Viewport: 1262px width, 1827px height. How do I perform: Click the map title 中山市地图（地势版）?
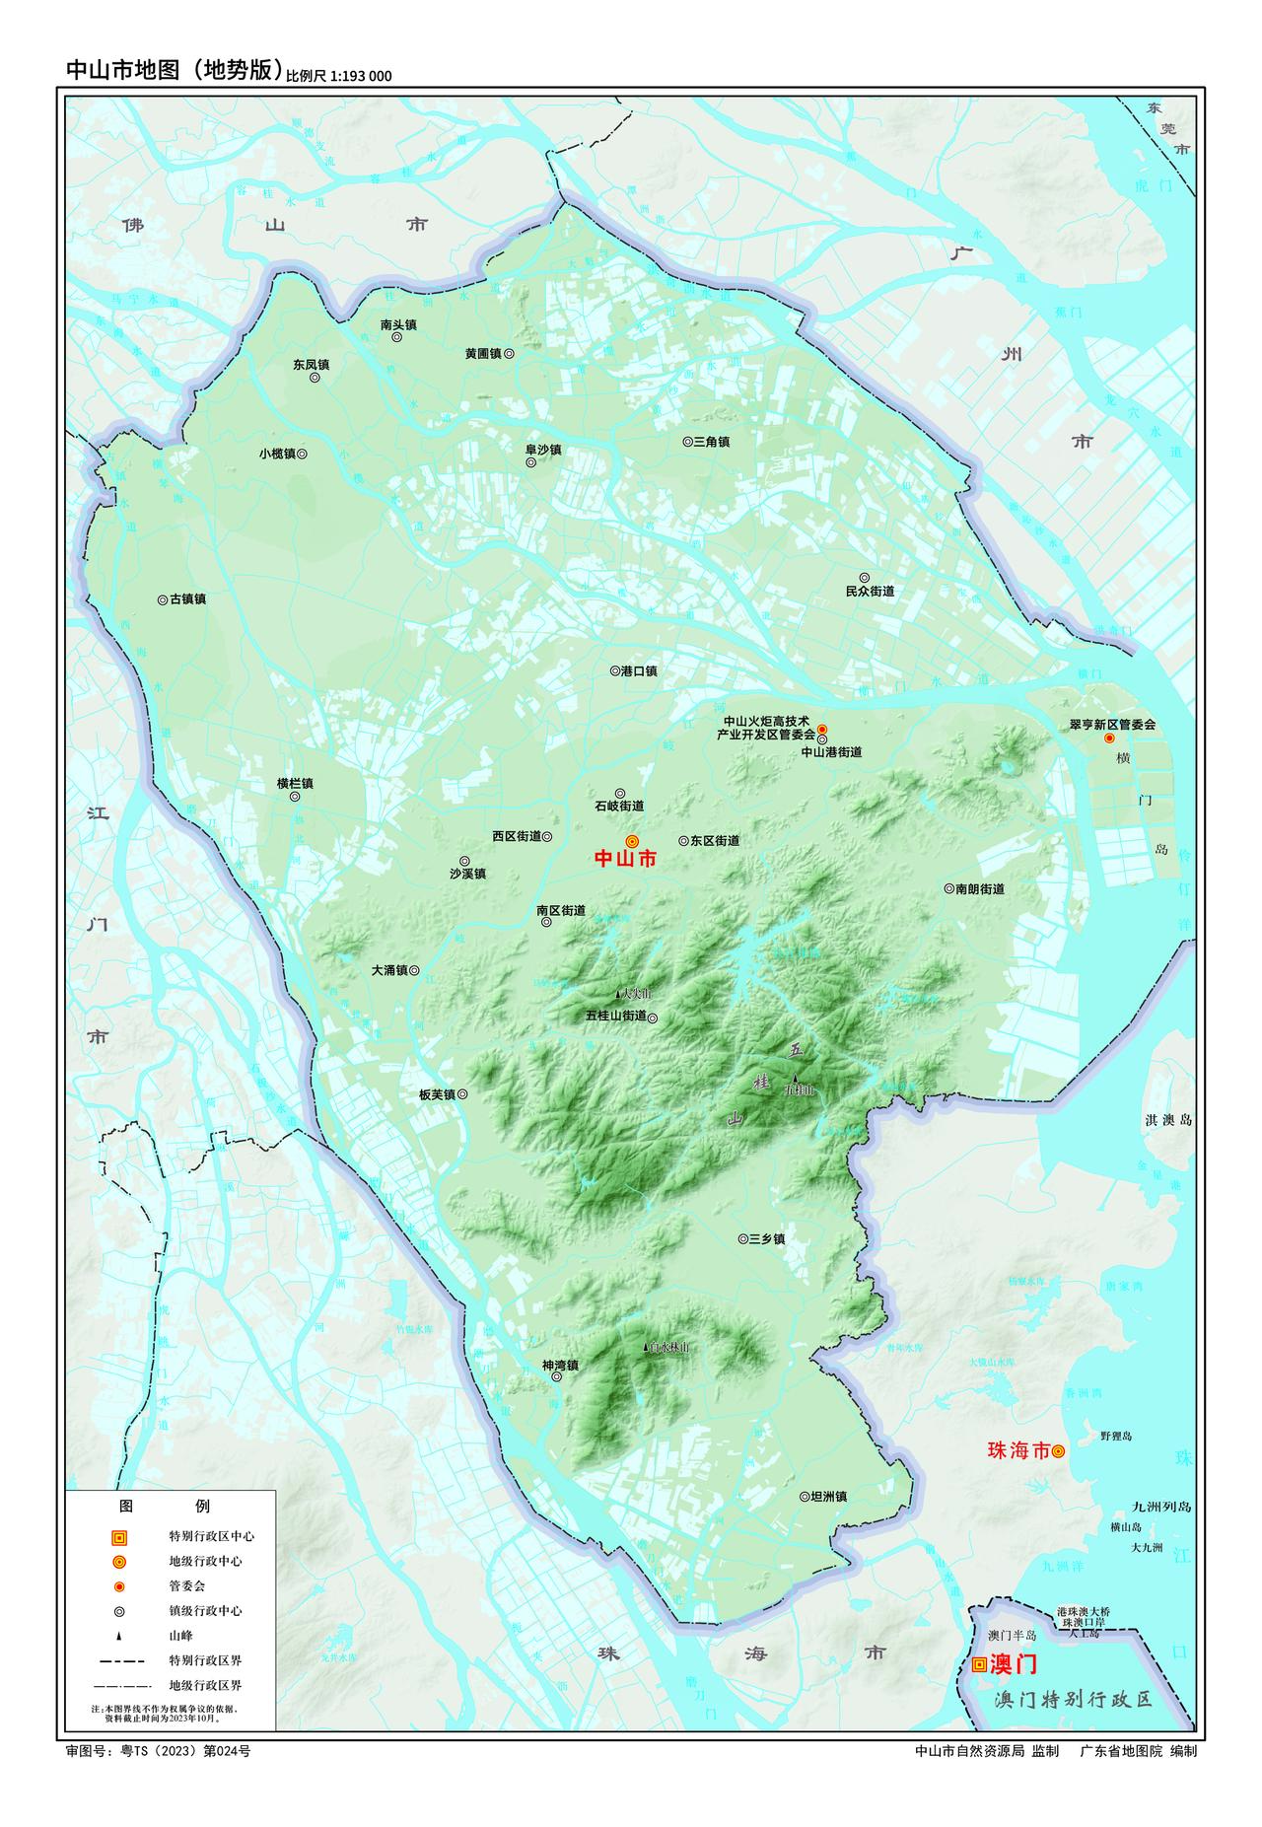coord(174,70)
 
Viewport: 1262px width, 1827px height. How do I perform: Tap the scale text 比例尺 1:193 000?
coord(338,75)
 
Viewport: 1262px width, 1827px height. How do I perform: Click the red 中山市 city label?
coord(624,859)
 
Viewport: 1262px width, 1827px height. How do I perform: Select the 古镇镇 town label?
coord(187,598)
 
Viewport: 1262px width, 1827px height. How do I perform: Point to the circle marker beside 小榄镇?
coord(303,454)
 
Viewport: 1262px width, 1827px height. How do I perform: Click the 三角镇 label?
coord(711,442)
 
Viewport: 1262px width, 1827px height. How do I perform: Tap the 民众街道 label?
coord(870,592)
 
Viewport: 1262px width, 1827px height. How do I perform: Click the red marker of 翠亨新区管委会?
coord(1108,738)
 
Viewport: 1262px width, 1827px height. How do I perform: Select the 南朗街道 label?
coord(979,888)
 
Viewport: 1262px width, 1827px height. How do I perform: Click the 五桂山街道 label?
coord(615,1016)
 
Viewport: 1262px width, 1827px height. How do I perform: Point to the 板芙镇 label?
coord(436,1094)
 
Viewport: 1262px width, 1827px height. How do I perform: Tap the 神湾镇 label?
coord(560,1366)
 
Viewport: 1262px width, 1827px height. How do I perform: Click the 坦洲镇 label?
coord(828,1496)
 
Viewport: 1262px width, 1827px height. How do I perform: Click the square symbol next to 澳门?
coord(978,1664)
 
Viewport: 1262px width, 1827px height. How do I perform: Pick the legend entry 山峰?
coord(181,1635)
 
